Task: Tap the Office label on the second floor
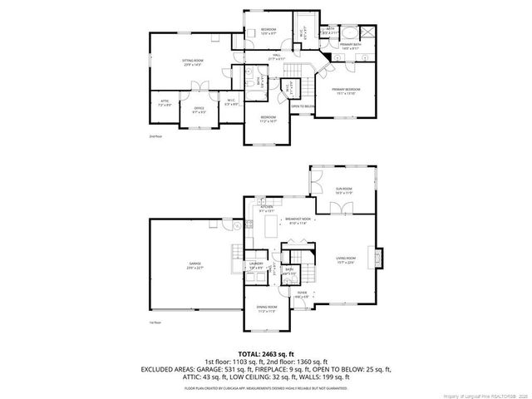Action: (199, 109)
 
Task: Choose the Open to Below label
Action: (302, 106)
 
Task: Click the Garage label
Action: (194, 265)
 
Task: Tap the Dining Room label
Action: (266, 308)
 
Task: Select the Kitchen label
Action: (267, 209)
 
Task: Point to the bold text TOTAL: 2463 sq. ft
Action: (266, 354)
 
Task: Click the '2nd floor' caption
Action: (154, 135)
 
